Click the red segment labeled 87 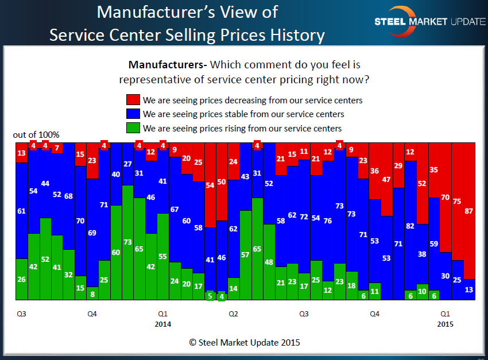coord(469,211)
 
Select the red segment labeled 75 coord(457,202)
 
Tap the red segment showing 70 coord(446,198)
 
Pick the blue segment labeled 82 coord(410,225)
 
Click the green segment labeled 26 coord(21,280)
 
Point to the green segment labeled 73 coord(127,242)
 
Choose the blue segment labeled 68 coord(69,196)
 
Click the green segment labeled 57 coord(245,255)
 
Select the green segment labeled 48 coord(269,262)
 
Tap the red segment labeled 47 coord(386,179)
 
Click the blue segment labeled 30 coord(446,276)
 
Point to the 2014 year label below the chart coord(163,324)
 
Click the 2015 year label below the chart coord(445,324)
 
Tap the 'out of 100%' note coord(36,135)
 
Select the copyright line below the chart coord(245,342)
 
